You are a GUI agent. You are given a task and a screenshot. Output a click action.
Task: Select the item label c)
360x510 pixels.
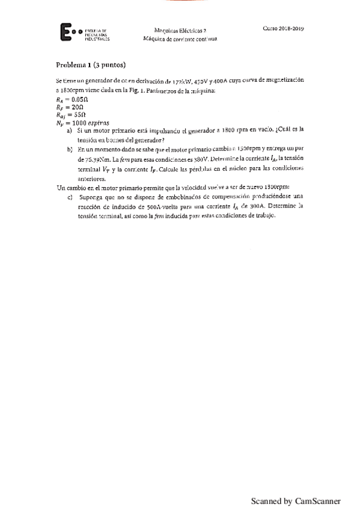[70, 197]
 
